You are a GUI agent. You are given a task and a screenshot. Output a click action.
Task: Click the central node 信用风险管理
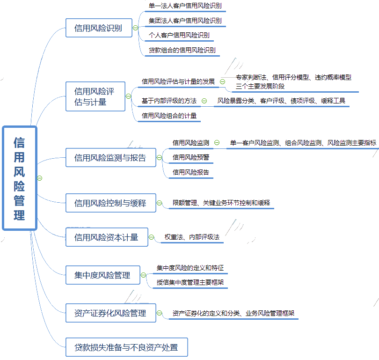(19, 178)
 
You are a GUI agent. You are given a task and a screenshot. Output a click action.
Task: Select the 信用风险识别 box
(98, 28)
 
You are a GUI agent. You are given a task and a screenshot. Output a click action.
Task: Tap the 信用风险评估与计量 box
(95, 96)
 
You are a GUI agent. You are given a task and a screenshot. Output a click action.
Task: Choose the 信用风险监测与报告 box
(110, 158)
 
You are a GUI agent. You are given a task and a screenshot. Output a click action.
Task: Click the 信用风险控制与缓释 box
(110, 203)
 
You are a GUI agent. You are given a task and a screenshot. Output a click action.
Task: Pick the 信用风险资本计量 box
(106, 237)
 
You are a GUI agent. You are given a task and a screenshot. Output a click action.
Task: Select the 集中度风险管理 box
(102, 275)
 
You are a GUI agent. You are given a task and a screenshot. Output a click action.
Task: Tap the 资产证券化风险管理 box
(110, 313)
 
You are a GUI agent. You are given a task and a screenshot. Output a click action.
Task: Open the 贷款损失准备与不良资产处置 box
(126, 347)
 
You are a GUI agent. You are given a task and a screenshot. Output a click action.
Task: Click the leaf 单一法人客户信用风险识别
(185, 6)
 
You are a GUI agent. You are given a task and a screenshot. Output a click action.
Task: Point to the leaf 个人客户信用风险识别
(179, 35)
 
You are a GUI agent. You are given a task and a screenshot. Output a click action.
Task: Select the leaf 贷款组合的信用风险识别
(182, 50)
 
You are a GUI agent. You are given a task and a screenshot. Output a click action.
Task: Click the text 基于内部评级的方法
(169, 101)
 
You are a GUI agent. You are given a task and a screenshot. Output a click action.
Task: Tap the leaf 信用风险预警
(191, 157)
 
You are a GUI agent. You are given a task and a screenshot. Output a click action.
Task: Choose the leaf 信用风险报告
(191, 172)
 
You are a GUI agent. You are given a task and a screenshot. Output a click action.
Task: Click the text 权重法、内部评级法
(192, 237)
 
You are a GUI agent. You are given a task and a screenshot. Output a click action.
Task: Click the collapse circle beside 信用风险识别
(136, 28)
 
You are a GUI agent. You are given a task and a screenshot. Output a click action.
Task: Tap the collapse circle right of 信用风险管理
(40, 178)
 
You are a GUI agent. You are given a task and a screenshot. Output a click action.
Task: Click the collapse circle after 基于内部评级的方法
(204, 101)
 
